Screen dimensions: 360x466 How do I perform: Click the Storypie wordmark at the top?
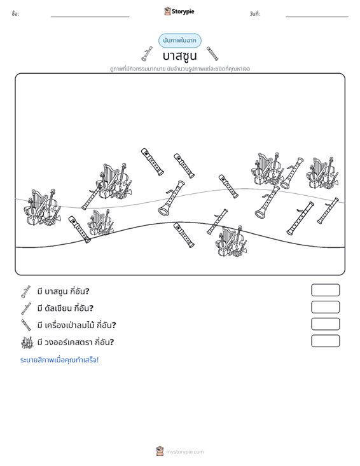coord(183,11)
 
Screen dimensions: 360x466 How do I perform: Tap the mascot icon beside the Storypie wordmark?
coord(167,11)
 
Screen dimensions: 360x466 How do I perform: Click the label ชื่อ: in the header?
coord(15,14)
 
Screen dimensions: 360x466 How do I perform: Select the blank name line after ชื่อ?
coord(90,17)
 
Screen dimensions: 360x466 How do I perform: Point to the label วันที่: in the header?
coord(255,14)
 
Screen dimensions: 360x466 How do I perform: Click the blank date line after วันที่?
coord(317,17)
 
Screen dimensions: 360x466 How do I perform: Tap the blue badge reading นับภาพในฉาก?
coord(180,41)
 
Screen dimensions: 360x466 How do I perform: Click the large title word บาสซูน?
coord(179,56)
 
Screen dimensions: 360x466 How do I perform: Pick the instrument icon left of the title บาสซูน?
coord(147,54)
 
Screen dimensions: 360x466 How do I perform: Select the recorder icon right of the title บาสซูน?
coord(212,53)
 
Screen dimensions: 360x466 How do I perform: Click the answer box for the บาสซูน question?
coord(325,290)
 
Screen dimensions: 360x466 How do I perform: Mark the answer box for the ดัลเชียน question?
coord(325,307)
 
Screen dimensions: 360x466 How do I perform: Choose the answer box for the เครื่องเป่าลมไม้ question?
coord(325,324)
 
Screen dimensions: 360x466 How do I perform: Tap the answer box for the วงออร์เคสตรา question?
coord(325,341)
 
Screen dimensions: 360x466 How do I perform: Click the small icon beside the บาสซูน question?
coord(26,292)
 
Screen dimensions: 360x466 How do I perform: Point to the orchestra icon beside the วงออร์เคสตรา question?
coord(27,343)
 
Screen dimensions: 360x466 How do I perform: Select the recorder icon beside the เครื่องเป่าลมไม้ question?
coord(26,325)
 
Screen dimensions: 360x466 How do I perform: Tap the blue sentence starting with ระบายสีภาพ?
coord(59,360)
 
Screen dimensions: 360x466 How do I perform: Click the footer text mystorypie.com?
coord(184,452)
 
